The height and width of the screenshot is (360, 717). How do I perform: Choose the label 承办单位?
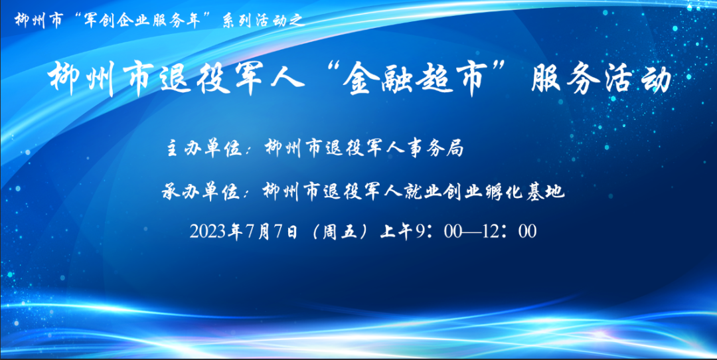tap(200, 192)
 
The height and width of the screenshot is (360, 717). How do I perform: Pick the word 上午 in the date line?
tap(397, 232)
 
